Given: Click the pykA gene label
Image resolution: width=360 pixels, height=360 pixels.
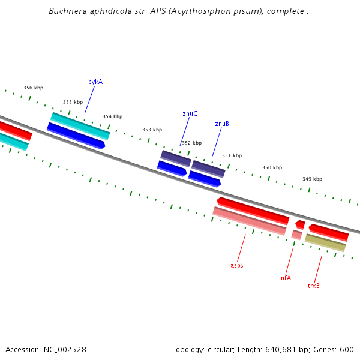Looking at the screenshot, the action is (95, 82).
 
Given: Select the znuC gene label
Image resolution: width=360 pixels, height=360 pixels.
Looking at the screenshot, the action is (190, 113).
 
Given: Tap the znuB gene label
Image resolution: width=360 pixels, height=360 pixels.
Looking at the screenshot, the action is (222, 124).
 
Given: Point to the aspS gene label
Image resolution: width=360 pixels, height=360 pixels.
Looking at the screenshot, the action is (237, 265).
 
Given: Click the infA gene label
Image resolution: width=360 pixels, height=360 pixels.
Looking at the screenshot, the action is (285, 278).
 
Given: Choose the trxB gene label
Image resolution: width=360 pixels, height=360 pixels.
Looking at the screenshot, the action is (313, 286).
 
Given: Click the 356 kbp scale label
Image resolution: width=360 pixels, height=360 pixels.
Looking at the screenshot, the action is (33, 88).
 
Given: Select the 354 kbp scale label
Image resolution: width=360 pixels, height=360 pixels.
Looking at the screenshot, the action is (113, 116).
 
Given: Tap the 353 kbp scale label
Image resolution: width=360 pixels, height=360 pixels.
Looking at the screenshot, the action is (152, 130).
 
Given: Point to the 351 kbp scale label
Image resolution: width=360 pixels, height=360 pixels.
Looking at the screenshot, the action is (232, 155).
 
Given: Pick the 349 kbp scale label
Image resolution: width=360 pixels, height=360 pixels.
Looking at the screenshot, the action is (312, 179).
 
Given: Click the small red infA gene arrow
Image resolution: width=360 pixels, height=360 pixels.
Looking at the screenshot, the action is (300, 224).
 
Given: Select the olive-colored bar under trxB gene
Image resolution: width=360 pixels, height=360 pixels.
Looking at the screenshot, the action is (325, 242).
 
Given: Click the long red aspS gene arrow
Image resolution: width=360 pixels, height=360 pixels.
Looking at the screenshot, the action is (253, 211).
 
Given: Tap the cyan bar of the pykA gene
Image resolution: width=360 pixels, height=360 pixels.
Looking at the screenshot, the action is (80, 126).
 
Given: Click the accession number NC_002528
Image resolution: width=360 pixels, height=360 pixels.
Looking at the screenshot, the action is (65, 350).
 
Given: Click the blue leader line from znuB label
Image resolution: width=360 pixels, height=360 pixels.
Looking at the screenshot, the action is (217, 142).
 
